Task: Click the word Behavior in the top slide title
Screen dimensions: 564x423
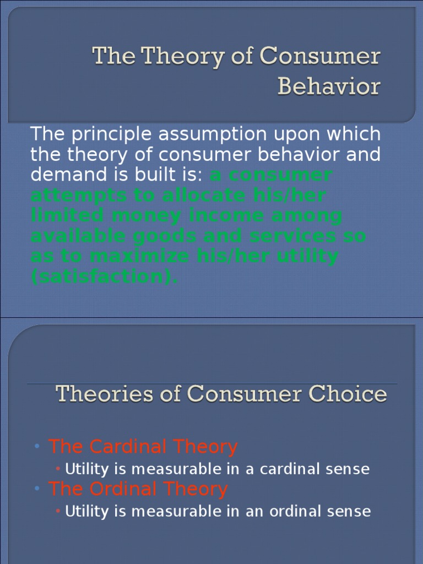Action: coord(329,86)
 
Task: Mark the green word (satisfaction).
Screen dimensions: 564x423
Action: coord(104,276)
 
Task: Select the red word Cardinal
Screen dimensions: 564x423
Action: coord(132,447)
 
